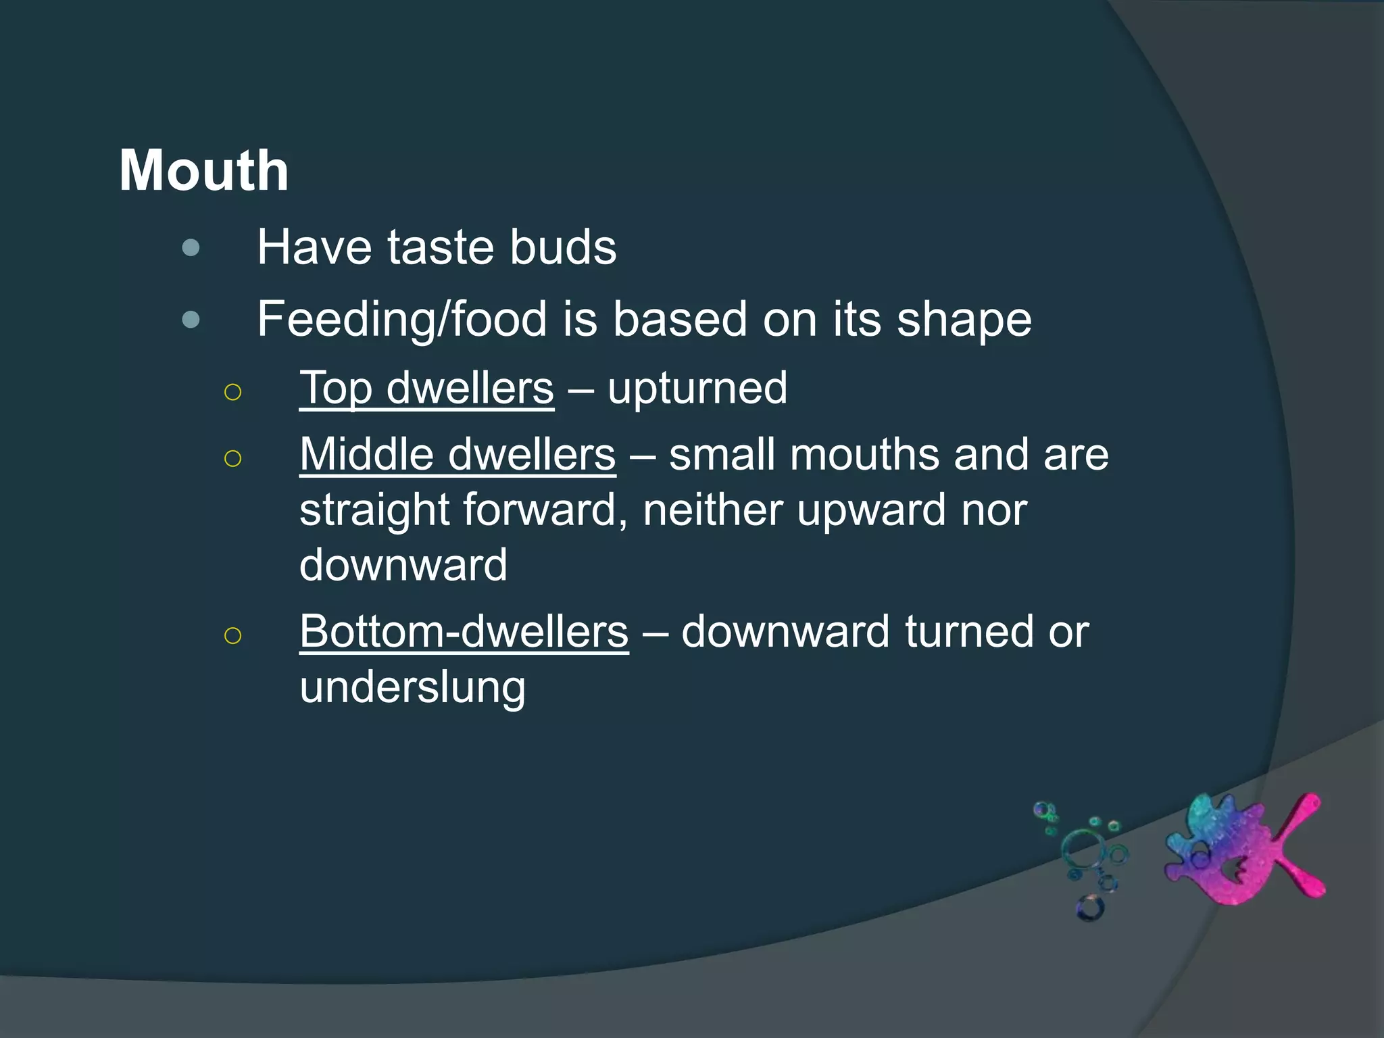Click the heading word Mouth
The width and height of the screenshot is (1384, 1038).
point(204,171)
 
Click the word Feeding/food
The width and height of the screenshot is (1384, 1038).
point(402,320)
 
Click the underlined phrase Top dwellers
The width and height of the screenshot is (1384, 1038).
point(426,389)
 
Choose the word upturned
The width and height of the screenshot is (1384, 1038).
point(697,389)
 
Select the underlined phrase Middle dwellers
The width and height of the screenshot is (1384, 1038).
point(458,454)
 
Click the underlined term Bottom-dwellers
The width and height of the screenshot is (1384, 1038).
point(464,632)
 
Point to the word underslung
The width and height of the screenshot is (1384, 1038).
point(412,688)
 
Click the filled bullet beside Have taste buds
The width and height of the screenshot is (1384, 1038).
point(191,248)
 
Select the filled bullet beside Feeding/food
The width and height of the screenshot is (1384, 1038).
point(191,319)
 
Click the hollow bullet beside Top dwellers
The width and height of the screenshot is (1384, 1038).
point(232,392)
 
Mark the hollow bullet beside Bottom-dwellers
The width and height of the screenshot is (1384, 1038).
point(232,635)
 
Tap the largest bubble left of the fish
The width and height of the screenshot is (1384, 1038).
point(1083,849)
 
